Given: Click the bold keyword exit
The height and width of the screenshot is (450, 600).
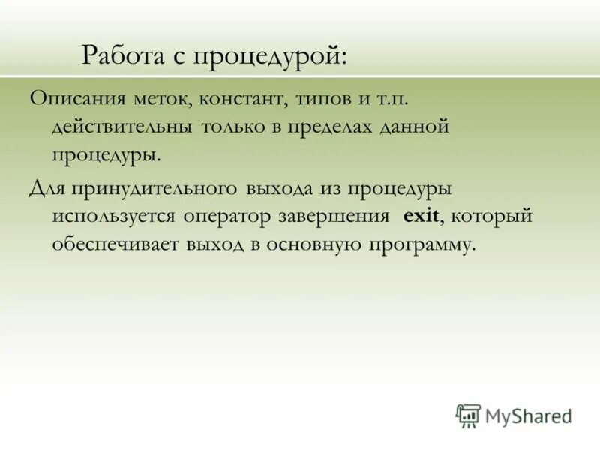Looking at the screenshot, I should pos(420,216).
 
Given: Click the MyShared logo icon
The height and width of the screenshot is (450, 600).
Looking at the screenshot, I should pos(468,415).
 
